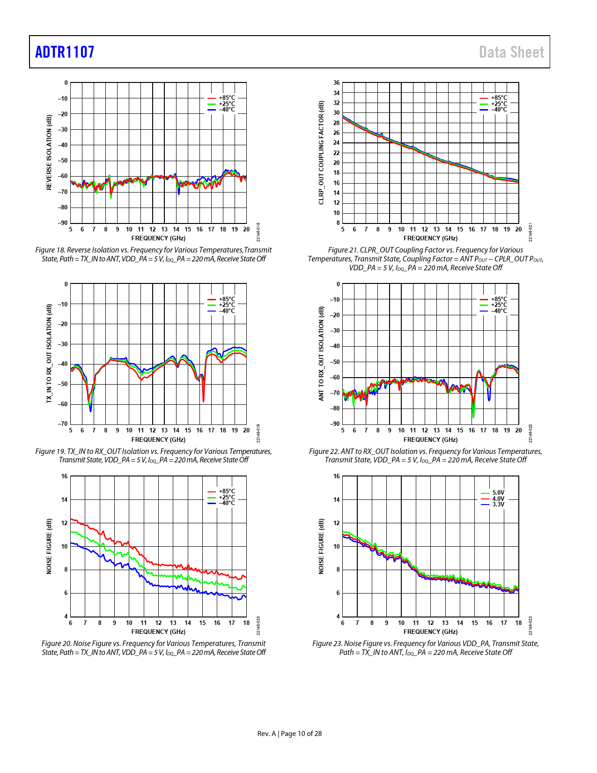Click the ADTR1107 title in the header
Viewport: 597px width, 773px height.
tap(65, 52)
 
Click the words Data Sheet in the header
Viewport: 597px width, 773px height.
tap(511, 52)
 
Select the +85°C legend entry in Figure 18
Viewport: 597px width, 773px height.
tap(227, 98)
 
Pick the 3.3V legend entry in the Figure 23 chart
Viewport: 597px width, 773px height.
tap(498, 505)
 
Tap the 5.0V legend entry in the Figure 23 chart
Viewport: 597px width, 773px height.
tap(498, 493)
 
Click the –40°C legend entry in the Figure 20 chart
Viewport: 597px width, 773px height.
tap(227, 503)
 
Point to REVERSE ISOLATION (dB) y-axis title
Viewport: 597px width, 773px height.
tap(49, 152)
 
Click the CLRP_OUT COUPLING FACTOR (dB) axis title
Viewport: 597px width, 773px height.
tap(321, 152)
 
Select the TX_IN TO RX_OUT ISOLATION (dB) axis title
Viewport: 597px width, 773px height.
tap(49, 353)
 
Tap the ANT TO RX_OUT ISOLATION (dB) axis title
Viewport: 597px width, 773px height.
tap(321, 353)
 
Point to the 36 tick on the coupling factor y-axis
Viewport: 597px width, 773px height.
tap(337, 83)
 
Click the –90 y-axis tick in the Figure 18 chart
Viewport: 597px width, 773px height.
tap(63, 223)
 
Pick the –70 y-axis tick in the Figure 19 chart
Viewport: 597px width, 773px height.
tap(63, 424)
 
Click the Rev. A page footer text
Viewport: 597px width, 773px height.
tap(289, 734)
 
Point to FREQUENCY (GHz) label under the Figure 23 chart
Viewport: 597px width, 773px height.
tap(430, 632)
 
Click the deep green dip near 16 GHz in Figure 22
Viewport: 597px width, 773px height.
tap(473, 414)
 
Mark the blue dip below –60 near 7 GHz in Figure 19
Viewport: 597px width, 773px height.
tap(90, 409)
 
